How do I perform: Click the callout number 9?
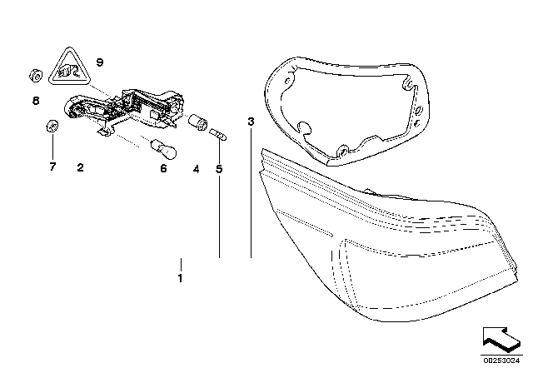point(100,62)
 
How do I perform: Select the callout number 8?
point(36,101)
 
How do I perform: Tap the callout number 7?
point(52,167)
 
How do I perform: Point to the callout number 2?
point(80,167)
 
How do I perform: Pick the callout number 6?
point(163,168)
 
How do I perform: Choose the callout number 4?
point(196,169)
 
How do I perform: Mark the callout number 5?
point(220,169)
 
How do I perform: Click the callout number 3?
point(250,122)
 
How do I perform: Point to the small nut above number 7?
point(51,127)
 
